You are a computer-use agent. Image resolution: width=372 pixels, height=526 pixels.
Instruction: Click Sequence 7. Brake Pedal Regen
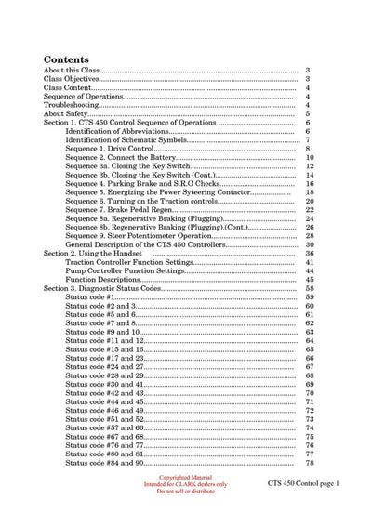pos(115,209)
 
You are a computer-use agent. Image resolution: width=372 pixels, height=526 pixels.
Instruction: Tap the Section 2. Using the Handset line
pos(101,253)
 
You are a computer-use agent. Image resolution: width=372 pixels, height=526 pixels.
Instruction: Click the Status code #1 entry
pos(94,296)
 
